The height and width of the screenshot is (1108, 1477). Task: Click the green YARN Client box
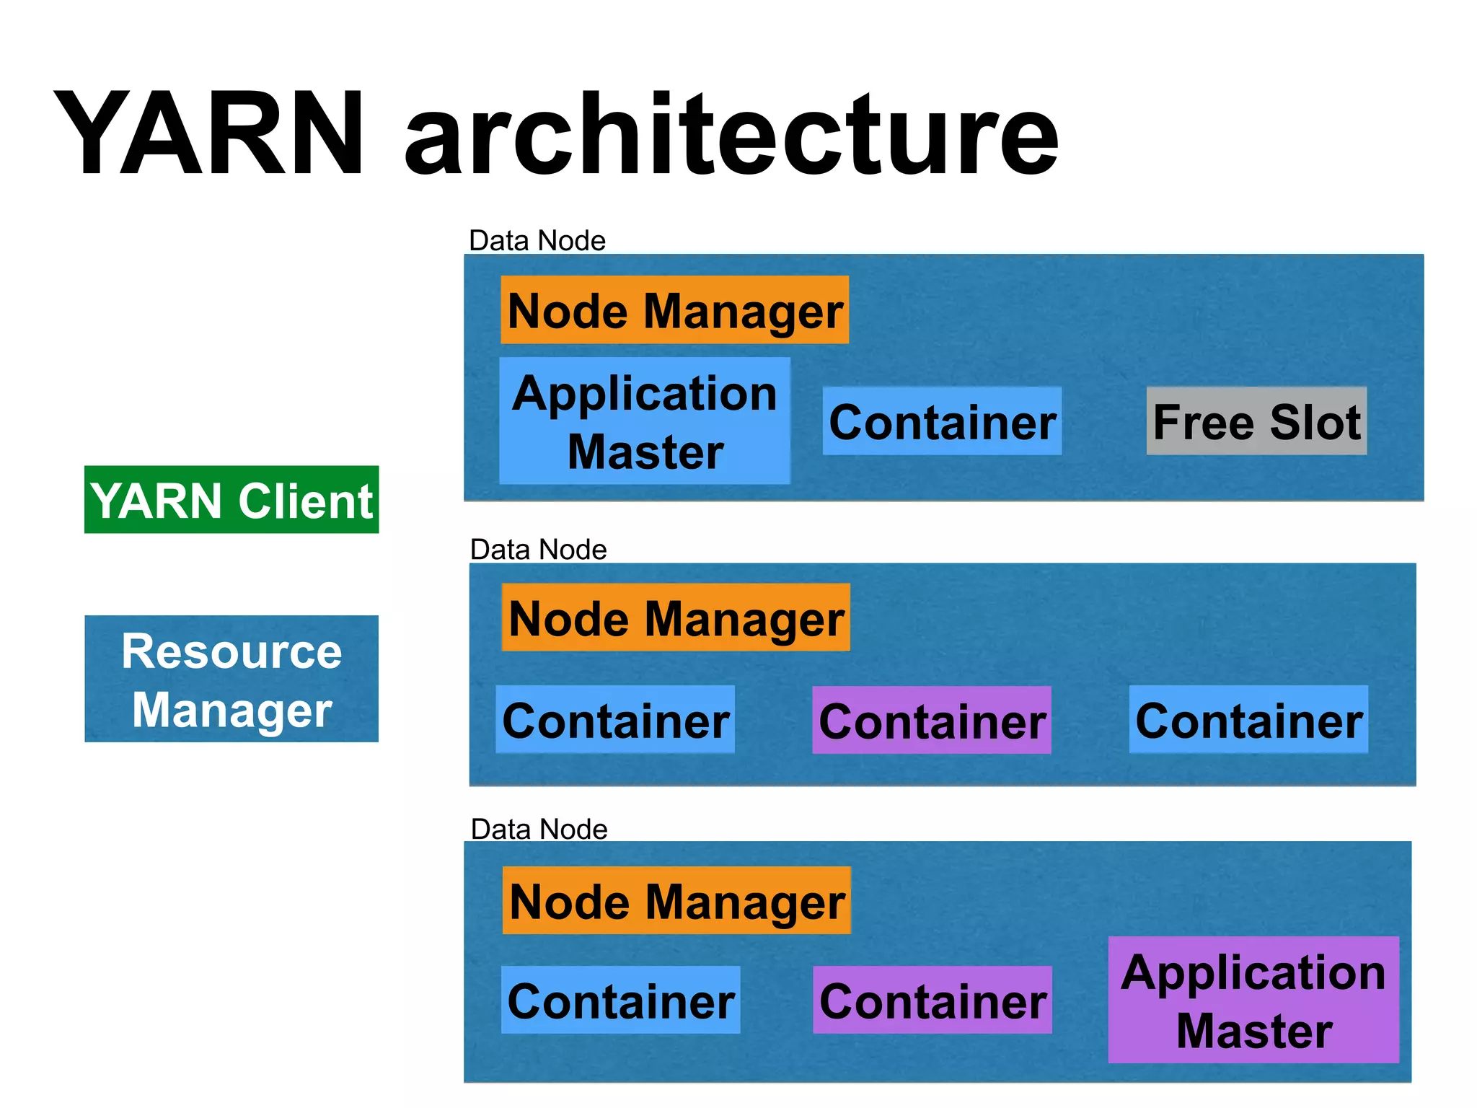tap(232, 500)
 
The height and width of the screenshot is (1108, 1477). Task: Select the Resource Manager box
tap(232, 679)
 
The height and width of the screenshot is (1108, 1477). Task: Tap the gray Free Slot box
tap(1256, 421)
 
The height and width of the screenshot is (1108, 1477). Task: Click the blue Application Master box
tap(645, 421)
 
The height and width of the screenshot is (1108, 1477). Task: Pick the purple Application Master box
tap(1253, 1000)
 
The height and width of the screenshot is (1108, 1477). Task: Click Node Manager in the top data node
tap(674, 310)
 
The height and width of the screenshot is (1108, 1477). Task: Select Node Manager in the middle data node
tap(676, 618)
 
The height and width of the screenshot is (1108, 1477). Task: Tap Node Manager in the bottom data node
tap(676, 901)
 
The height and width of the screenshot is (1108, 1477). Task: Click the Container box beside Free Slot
tap(942, 421)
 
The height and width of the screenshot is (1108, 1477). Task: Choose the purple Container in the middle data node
tap(932, 721)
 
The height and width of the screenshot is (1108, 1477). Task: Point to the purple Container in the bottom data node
tap(933, 1001)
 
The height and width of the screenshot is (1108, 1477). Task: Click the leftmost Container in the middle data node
tap(615, 720)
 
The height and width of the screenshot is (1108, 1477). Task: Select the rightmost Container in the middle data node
tap(1248, 720)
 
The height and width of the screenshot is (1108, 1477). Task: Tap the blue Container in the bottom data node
tap(620, 1001)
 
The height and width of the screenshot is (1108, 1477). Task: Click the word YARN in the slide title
tap(209, 133)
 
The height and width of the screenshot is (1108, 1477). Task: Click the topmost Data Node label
tap(537, 241)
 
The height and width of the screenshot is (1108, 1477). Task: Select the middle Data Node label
tap(538, 550)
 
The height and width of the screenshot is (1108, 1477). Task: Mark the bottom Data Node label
tap(539, 830)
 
